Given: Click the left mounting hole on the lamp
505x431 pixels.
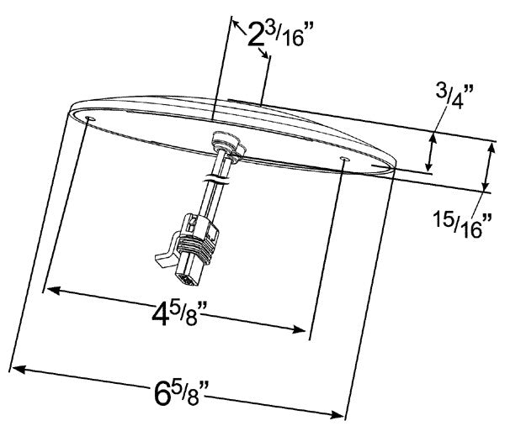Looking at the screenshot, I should click(89, 121).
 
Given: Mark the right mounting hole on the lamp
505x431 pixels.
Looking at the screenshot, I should click(344, 158).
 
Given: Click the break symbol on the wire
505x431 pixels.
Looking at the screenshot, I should click(216, 179).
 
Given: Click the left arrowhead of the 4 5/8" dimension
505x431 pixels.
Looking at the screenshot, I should click(50, 291).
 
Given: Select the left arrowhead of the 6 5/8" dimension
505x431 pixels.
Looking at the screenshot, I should click(19, 367).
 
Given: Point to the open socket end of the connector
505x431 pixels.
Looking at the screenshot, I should click(187, 275).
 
